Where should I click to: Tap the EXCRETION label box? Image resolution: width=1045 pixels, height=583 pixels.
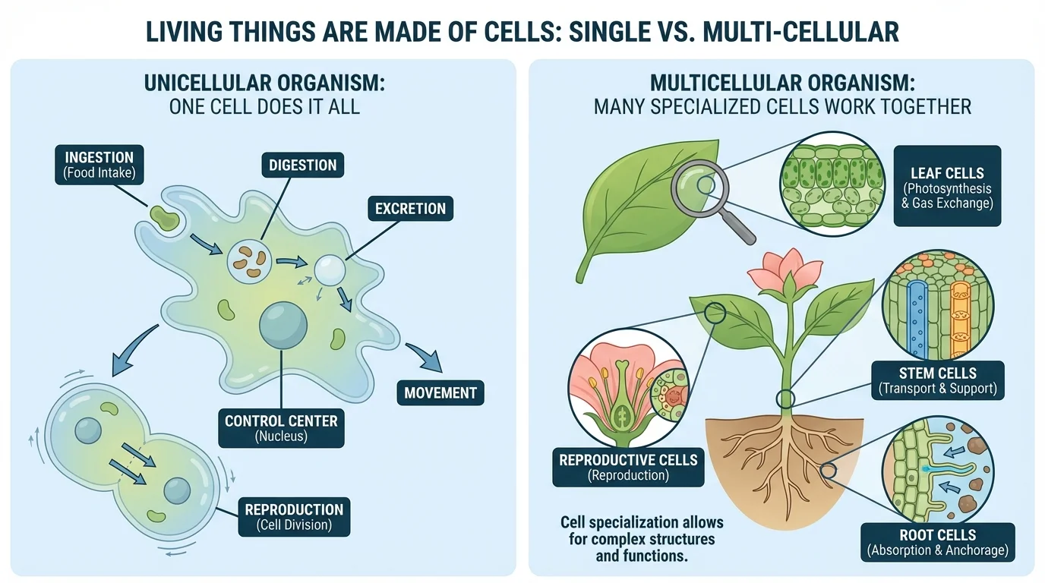pyautogui.click(x=410, y=209)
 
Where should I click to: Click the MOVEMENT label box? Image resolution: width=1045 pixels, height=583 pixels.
pyautogui.click(x=440, y=392)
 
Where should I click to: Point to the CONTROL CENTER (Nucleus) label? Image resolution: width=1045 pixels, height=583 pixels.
pyautogui.click(x=280, y=427)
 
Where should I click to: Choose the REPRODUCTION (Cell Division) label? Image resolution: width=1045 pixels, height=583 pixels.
pyautogui.click(x=294, y=517)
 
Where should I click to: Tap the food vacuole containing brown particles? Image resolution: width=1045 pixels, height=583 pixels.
pyautogui.click(x=249, y=260)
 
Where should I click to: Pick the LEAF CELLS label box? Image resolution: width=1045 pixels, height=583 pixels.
pyautogui.click(x=946, y=186)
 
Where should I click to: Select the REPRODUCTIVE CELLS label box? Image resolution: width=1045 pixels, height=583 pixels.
pyautogui.click(x=628, y=467)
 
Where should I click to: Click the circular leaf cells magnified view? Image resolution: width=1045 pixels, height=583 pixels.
pyautogui.click(x=832, y=185)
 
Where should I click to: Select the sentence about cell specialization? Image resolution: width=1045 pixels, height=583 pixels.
pyautogui.click(x=642, y=539)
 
